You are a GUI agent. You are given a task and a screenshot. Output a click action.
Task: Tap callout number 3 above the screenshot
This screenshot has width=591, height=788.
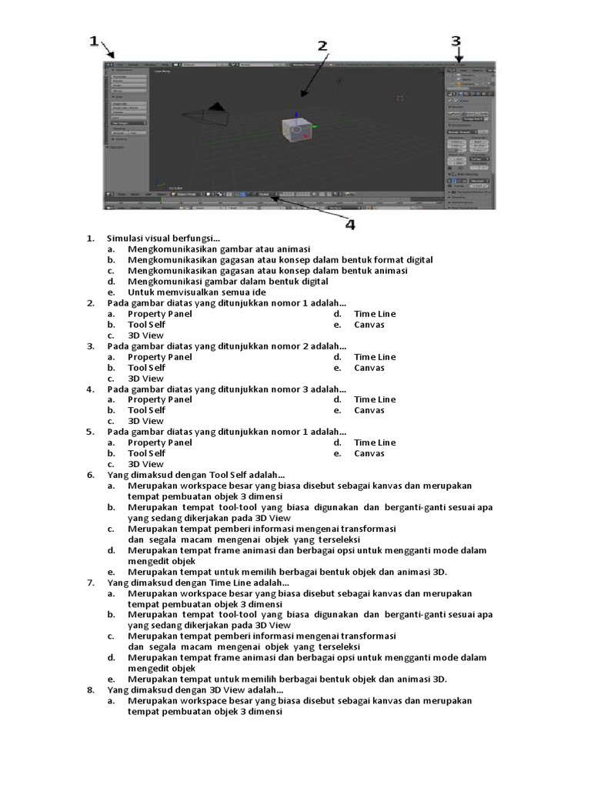[456, 41]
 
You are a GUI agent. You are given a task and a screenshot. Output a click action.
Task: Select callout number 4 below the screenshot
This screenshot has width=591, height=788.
[350, 225]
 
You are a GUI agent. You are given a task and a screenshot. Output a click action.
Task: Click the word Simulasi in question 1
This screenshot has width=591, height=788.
[125, 239]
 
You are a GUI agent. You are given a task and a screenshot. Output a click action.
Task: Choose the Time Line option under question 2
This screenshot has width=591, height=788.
[375, 314]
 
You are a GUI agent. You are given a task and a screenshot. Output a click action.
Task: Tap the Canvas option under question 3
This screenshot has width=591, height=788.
[369, 368]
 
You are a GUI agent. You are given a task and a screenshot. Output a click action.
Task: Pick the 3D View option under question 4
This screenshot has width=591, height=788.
[145, 421]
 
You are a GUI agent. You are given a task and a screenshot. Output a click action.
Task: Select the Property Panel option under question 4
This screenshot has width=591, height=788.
[159, 399]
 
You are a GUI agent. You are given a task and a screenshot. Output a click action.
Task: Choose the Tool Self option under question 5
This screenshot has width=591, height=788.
[146, 453]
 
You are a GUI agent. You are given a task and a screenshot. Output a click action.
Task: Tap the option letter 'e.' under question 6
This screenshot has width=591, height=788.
[112, 572]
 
